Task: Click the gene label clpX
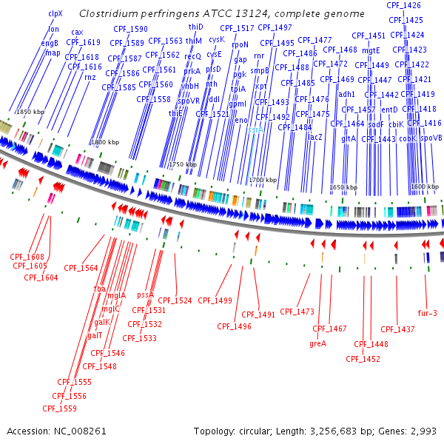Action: [x=55, y=13]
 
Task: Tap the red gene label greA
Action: [x=317, y=343]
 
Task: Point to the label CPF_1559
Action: [x=59, y=408]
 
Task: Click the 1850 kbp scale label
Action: [x=30, y=111]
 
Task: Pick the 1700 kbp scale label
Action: [x=262, y=180]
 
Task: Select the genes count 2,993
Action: [x=422, y=431]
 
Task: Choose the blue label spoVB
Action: [x=431, y=138]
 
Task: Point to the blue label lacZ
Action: [x=315, y=138]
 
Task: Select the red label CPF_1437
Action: [x=397, y=329]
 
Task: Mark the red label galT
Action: [x=95, y=335]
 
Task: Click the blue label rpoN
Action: [x=240, y=44]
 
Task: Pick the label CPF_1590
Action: [x=134, y=29]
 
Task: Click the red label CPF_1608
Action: [x=27, y=257]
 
